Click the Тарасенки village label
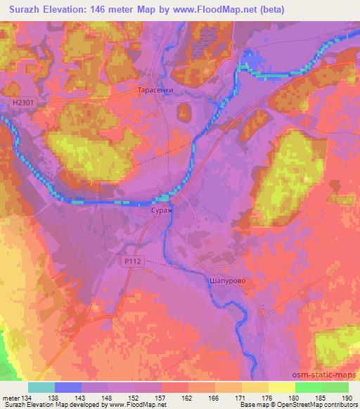[154, 91]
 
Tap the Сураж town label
[161, 210]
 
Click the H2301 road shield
[22, 103]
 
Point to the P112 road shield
[127, 261]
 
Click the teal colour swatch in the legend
[41, 387]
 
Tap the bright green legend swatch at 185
[308, 387]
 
